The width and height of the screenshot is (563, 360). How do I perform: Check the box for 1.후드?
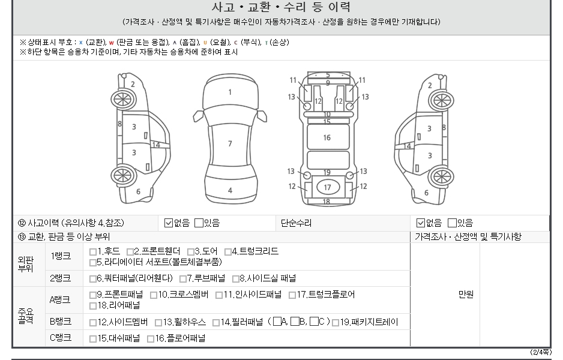coord(93,252)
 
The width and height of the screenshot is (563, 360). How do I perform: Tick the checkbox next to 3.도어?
coord(191,252)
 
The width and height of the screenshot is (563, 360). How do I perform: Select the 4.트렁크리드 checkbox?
coord(228,252)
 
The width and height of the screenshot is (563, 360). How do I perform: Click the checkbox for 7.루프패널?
coord(183,279)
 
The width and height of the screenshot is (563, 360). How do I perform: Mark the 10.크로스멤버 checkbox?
coord(154,295)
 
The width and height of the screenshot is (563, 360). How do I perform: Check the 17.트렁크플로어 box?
coord(292,295)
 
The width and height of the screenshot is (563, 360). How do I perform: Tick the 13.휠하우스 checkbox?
coord(158,323)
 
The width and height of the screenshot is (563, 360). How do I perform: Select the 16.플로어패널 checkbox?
coord(151,339)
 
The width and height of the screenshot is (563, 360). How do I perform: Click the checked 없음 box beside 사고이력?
coord(169,223)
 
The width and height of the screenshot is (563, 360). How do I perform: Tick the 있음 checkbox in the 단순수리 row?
coord(452,223)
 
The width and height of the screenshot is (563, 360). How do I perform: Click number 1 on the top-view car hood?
coord(230,92)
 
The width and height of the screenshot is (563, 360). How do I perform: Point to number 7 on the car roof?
coord(230,143)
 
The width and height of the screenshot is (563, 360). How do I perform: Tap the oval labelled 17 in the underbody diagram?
coord(328,187)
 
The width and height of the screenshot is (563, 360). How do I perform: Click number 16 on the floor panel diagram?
coord(327,137)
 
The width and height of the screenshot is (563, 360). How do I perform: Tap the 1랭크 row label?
coord(61,256)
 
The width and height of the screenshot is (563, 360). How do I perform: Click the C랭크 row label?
coord(61,338)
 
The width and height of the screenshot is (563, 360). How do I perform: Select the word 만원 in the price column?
coord(466,295)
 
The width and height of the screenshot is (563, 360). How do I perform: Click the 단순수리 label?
coord(297,223)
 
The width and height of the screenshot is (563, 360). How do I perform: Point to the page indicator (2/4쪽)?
coord(541,352)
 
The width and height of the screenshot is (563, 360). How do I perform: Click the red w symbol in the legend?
coord(111,43)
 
